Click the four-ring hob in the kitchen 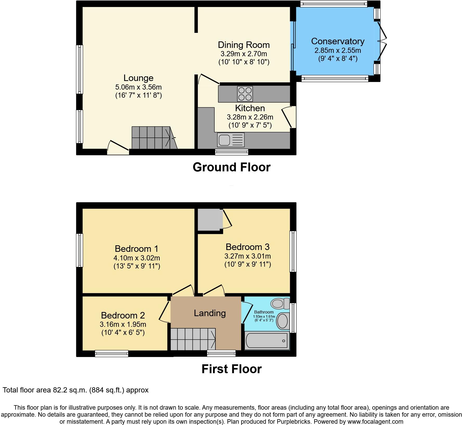(x=245, y=94)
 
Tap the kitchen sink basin (x=224, y=140)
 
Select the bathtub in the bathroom (x=267, y=341)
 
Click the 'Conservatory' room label (x=338, y=41)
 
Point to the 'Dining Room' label (x=244, y=45)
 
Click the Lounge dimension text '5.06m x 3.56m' (x=138, y=87)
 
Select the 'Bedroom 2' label (x=123, y=315)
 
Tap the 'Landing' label (x=210, y=313)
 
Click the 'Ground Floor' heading (x=232, y=167)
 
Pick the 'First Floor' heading (x=232, y=369)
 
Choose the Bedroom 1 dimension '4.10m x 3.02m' (x=137, y=258)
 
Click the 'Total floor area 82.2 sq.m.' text (x=75, y=390)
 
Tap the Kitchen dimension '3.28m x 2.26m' (x=250, y=117)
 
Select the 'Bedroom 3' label (x=247, y=247)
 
